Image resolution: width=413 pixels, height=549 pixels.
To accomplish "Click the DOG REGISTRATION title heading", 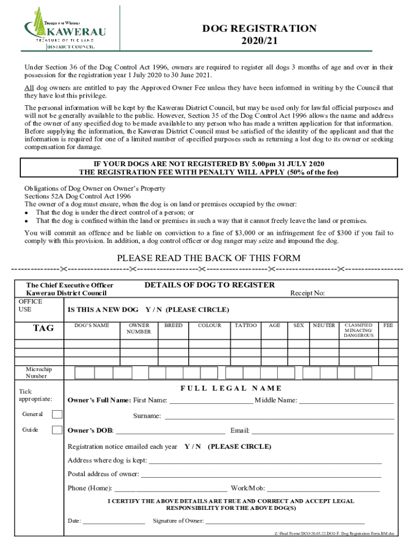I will point(259,29).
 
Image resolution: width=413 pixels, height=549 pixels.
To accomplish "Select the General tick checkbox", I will point(57,414).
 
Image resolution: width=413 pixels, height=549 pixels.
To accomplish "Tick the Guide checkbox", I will point(57,429).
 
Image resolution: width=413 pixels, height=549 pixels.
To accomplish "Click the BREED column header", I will point(173,325).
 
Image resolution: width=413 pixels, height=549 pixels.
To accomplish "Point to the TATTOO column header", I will point(246,325).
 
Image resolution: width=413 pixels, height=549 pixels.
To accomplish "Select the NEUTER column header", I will point(323,325).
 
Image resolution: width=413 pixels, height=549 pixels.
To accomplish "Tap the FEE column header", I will point(388,325).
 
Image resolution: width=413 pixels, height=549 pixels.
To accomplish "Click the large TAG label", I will point(43,328).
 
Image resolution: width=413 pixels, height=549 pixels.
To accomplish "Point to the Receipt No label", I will point(307,293).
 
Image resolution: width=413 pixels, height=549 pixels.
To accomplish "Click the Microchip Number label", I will point(39,373).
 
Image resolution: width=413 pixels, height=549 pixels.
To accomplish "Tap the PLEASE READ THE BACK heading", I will point(209,258).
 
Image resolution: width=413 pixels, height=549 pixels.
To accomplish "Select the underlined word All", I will point(29,88).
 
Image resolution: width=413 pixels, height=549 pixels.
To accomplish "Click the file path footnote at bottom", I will point(334,534).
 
